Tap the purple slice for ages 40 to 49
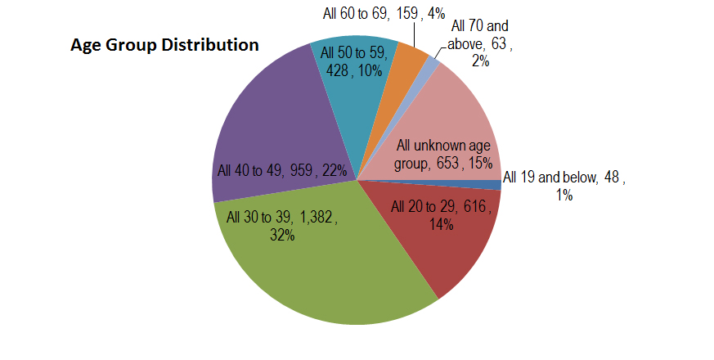pos(262,123)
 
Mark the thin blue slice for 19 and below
pos(496,185)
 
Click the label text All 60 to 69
pos(353,13)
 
